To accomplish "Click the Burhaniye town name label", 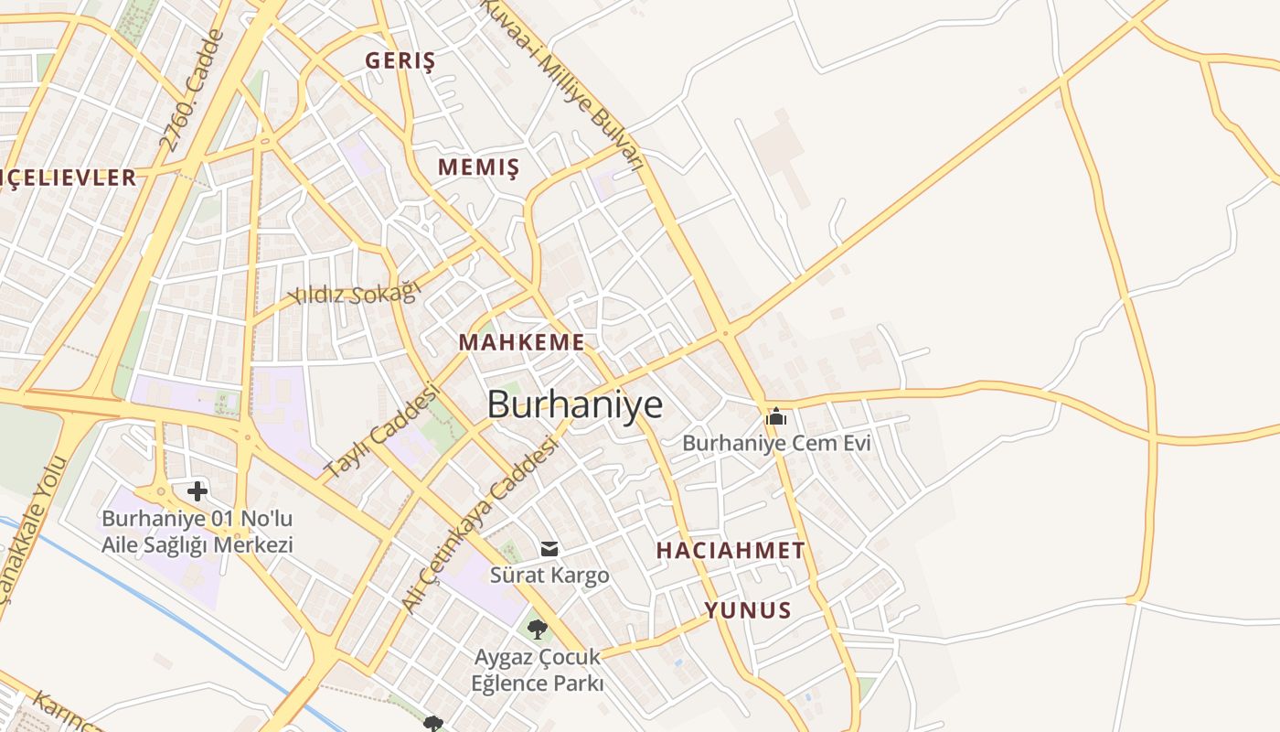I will [574, 404].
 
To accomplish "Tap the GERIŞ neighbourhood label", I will [400, 61].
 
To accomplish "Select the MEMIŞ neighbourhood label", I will [478, 167].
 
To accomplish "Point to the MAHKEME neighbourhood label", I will [521, 342].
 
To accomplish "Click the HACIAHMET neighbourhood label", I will [731, 550].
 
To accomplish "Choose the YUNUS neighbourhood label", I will [747, 610].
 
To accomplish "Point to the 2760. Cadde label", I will [191, 91].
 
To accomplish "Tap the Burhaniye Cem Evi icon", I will [776, 417].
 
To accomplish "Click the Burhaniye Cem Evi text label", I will [776, 444].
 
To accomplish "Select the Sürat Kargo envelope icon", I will [549, 549].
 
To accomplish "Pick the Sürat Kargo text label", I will [549, 576].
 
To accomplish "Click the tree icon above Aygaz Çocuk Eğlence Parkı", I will [538, 629].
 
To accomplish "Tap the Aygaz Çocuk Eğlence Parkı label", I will [538, 670].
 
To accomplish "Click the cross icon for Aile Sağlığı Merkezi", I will [197, 491].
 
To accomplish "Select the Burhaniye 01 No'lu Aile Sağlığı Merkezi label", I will [197, 532].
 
